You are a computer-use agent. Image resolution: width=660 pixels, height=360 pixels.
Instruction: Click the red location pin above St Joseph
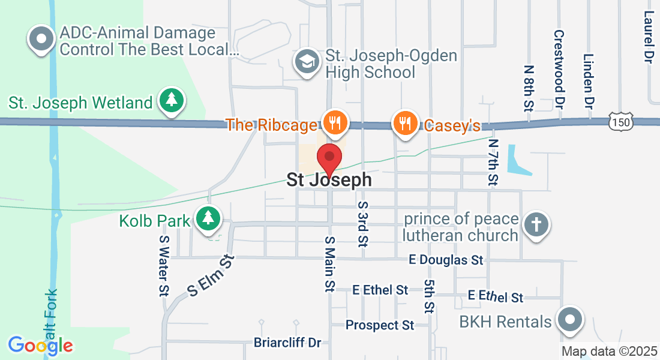pos(329,158)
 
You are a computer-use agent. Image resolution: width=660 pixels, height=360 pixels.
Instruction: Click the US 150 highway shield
pos(620,122)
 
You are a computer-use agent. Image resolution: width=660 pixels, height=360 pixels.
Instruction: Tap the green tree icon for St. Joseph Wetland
pos(172,100)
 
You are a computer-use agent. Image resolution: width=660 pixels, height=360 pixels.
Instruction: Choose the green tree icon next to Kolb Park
pos(208,218)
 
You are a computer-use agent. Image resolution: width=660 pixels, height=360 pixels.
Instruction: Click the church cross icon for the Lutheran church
pos(536,226)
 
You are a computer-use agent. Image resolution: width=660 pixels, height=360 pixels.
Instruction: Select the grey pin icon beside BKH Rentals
pos(569,320)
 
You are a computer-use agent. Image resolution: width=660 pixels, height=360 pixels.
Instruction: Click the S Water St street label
pos(163,265)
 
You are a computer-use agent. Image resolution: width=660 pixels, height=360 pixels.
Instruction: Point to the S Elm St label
pos(209,275)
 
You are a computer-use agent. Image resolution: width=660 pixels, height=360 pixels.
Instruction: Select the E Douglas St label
pos(446,260)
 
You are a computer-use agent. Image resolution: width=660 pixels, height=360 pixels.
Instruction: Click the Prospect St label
pos(380,325)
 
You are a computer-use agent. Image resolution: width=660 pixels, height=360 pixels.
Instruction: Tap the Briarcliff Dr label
pos(287,343)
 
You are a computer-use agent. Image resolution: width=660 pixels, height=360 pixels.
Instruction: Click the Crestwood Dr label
pos(559,69)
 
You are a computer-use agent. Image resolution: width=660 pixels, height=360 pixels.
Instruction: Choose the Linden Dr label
pos(588,82)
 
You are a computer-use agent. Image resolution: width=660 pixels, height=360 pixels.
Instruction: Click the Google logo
pos(40,345)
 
